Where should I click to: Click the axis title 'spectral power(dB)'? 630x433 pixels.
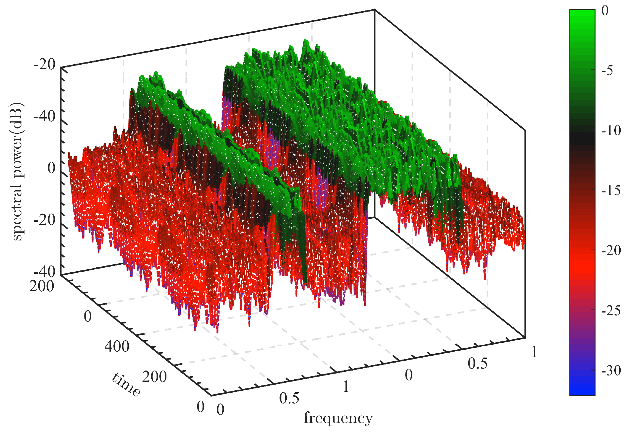[17, 172]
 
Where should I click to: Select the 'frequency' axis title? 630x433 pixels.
[338, 418]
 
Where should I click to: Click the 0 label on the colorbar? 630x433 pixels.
[605, 11]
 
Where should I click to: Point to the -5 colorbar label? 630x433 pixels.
[607, 71]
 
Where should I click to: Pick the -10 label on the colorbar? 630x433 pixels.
[611, 131]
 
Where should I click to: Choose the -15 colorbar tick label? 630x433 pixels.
[611, 190]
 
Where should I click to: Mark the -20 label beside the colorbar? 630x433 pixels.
[611, 250]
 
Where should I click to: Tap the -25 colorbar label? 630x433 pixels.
[611, 311]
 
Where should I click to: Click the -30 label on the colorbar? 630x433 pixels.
[611, 371]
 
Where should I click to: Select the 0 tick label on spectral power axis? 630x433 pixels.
[51, 168]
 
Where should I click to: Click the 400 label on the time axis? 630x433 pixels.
[117, 346]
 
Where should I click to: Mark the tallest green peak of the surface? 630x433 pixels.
[305, 40]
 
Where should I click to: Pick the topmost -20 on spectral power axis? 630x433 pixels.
[45, 65]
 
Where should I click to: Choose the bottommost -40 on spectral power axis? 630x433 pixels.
[45, 272]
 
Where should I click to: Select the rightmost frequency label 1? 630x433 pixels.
[534, 352]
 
